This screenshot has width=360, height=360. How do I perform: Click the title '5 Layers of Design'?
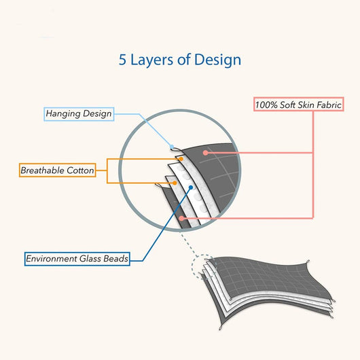pyautogui.click(x=180, y=60)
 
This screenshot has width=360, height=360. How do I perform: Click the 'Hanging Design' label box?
pyautogui.click(x=79, y=114)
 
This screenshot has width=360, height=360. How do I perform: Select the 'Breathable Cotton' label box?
pyautogui.click(x=58, y=170)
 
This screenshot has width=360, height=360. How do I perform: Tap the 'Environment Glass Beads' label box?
pyautogui.click(x=77, y=259)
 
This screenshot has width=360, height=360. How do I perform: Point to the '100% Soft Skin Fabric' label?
pyautogui.click(x=298, y=105)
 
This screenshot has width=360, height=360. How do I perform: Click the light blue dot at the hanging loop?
pyautogui.click(x=172, y=147)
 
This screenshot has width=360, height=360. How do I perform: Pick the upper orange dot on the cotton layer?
pyautogui.click(x=181, y=159)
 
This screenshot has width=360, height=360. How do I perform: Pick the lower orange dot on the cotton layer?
pyautogui.click(x=175, y=183)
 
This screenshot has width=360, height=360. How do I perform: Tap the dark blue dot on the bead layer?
pyautogui.click(x=191, y=187)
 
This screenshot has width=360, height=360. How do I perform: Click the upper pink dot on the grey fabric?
pyautogui.click(x=206, y=153)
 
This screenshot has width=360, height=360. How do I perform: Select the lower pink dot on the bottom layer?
pyautogui.click(x=181, y=218)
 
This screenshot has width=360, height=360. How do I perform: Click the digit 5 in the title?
pyautogui.click(x=122, y=60)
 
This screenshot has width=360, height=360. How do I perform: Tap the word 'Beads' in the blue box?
pyautogui.click(x=115, y=259)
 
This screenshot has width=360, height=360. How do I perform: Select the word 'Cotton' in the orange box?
pyautogui.click(x=80, y=170)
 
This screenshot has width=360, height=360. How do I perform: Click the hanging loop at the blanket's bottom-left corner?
pyautogui.click(x=221, y=327)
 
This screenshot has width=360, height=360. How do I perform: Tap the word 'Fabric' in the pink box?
pyautogui.click(x=329, y=105)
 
